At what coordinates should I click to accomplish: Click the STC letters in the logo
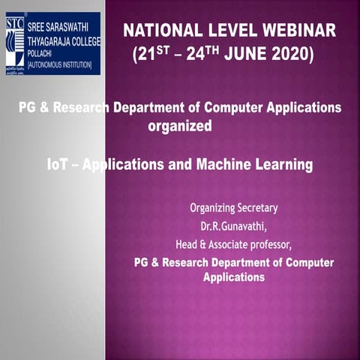(14, 20)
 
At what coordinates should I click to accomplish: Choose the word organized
(180, 126)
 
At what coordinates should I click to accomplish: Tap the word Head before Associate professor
(187, 243)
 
